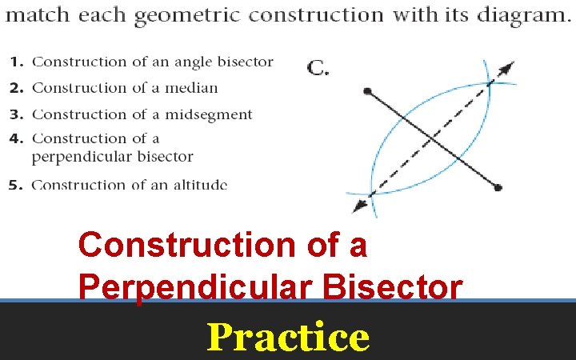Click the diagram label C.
(318, 68)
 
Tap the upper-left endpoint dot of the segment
(367, 92)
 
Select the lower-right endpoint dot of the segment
(498, 188)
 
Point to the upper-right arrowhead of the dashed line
(507, 67)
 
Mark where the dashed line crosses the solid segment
(433, 139)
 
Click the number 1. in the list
(18, 62)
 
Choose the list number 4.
(15, 138)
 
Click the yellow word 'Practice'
(288, 337)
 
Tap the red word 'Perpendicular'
(211, 287)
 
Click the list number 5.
(16, 185)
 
